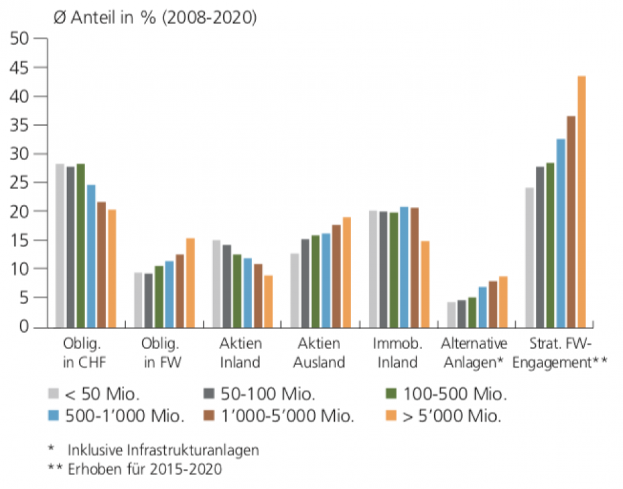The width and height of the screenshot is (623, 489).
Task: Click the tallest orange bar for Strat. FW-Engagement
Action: [x=581, y=201]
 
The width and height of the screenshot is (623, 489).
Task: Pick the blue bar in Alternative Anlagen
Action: [x=482, y=306]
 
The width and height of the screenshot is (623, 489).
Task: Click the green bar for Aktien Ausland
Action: [x=315, y=281]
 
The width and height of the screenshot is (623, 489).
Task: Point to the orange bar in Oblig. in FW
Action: [x=190, y=282]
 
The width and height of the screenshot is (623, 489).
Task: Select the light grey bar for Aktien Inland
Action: [x=216, y=283]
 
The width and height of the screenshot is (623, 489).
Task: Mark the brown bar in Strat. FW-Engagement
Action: [x=571, y=221]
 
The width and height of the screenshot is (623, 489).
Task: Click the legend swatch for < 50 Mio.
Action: [x=55, y=394]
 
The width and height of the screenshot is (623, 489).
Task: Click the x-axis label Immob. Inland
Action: [x=397, y=353]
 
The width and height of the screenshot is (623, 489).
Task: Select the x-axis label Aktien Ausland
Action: [x=319, y=353]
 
